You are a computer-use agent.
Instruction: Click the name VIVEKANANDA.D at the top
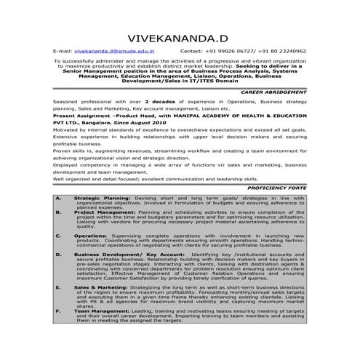point(180,37)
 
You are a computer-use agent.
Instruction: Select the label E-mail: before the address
point(63,52)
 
